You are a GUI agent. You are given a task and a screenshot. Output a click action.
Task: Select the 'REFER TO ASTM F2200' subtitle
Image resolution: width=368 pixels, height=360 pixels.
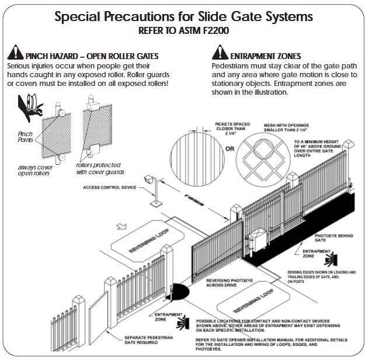(183, 30)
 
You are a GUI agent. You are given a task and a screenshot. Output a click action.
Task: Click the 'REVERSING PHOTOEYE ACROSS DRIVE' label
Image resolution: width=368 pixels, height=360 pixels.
(224, 284)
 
